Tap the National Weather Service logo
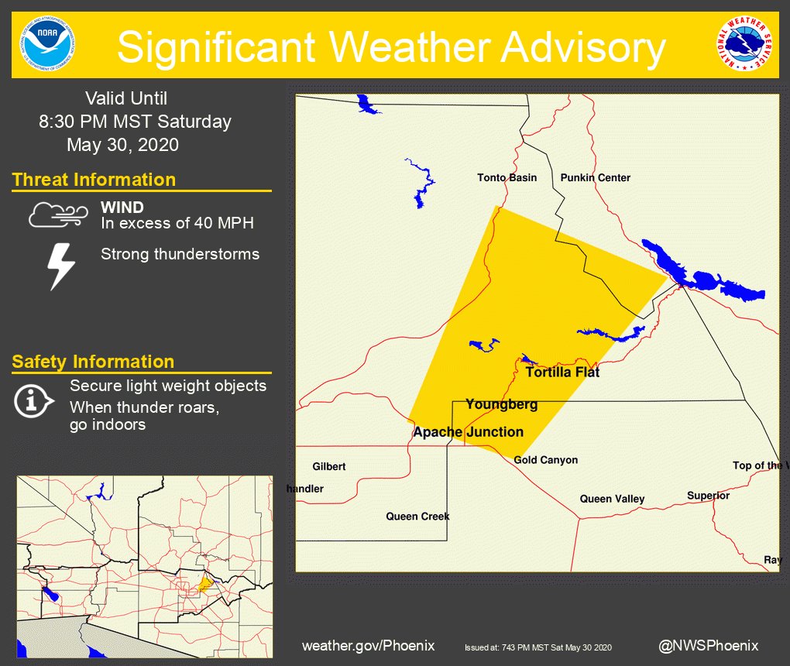pos(744,45)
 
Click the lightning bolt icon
pos(61,266)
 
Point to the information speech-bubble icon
pos(33,400)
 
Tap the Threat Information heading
pos(94,180)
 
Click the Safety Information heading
pos(93,362)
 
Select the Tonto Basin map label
pos(507,178)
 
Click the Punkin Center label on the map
pos(595,178)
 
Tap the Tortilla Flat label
pos(562,372)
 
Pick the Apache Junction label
pos(468,432)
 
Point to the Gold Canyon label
pos(545,460)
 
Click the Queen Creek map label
pos(417,517)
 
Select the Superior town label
pos(708,496)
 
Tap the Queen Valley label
pos(612,499)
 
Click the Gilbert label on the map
pos(328,467)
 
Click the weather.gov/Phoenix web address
pos(368,646)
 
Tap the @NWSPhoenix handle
pos(708,646)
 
